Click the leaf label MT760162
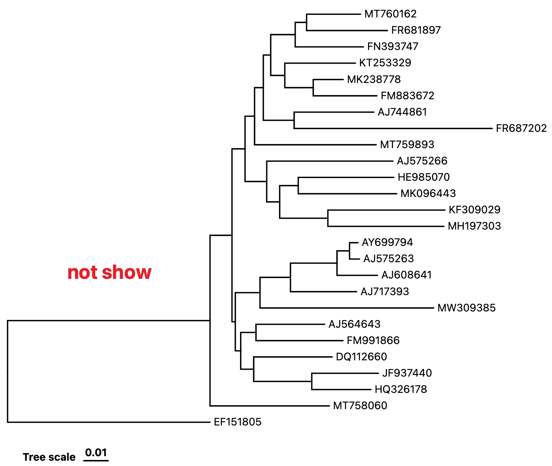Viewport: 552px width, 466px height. [390, 14]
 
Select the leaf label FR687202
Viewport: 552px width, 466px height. [521, 128]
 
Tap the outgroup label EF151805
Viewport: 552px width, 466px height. [237, 422]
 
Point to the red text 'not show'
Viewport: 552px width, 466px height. [109, 272]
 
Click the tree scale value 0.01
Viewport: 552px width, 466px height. [96, 452]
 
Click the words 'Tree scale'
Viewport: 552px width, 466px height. [49, 457]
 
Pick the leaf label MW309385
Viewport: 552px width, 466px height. [466, 308]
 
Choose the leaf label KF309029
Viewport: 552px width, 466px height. [474, 210]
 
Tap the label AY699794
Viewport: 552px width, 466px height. [387, 242]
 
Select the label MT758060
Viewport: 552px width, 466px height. [360, 405]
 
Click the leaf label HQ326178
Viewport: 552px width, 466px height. [401, 389]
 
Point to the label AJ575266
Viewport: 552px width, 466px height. [422, 161]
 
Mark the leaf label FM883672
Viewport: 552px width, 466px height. [407, 95]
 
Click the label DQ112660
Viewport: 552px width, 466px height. [361, 357]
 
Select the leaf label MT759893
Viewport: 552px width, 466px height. [407, 144]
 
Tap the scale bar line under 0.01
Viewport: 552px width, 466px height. [96, 461]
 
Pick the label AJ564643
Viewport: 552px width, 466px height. [354, 324]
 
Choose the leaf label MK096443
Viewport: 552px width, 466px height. [428, 193]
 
